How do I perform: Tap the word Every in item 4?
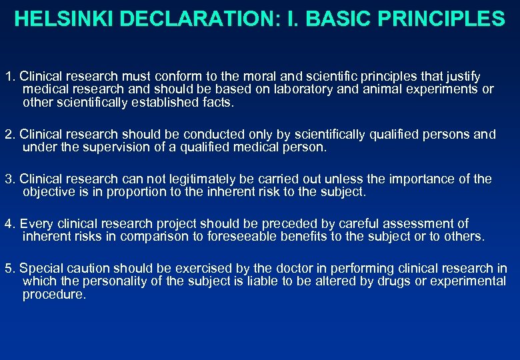click(34, 224)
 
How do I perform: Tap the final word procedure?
click(54, 294)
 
